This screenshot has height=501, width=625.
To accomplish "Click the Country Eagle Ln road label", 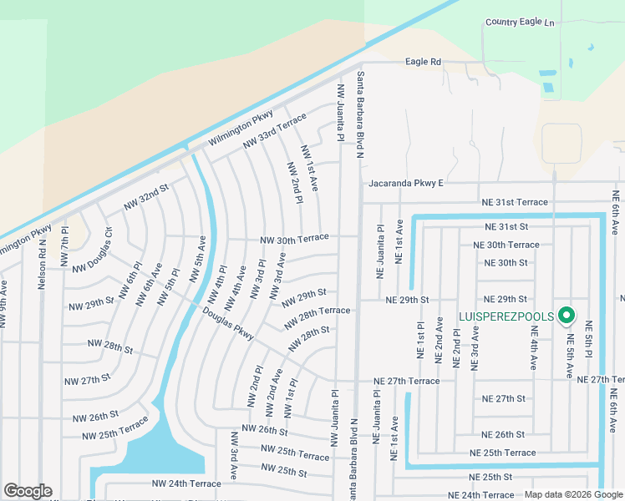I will [x=519, y=22].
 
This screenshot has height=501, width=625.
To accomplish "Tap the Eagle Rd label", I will [x=423, y=62].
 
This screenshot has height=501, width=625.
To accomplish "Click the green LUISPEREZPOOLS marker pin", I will [x=567, y=315].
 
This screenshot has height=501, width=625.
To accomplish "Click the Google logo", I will [x=28, y=491].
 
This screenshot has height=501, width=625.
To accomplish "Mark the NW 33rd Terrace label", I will [x=275, y=133].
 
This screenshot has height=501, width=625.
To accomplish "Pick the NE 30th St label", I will [x=506, y=262].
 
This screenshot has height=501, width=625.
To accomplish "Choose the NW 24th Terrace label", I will [x=186, y=483].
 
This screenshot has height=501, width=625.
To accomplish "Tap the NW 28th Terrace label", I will [x=317, y=316].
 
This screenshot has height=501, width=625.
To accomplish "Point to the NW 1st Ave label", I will [x=309, y=169].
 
